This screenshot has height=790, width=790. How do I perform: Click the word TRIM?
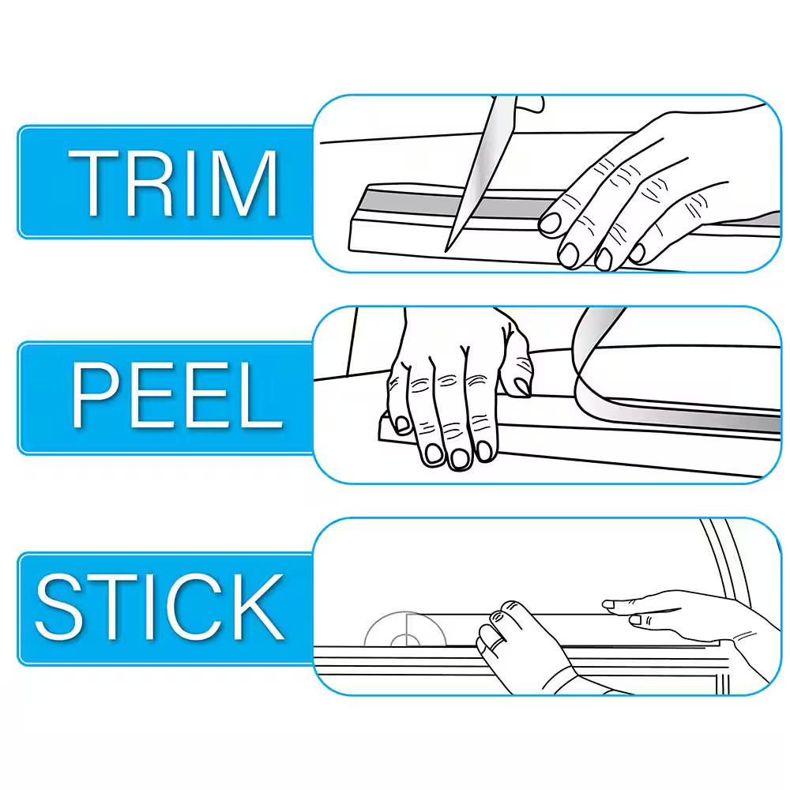click(173, 183)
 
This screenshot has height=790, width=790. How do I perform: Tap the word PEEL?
click(176, 396)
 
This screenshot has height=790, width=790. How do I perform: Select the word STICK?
click(160, 607)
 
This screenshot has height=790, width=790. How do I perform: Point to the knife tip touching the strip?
click(446, 250)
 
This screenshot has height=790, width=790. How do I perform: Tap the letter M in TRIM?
click(246, 183)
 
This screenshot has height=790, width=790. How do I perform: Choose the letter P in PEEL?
click(96, 396)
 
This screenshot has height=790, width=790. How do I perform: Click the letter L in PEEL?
click(260, 396)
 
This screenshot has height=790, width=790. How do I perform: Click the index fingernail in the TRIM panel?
click(550, 224)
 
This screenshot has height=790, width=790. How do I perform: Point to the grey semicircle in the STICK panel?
click(405, 629)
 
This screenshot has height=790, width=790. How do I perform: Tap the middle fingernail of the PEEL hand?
click(460, 458)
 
